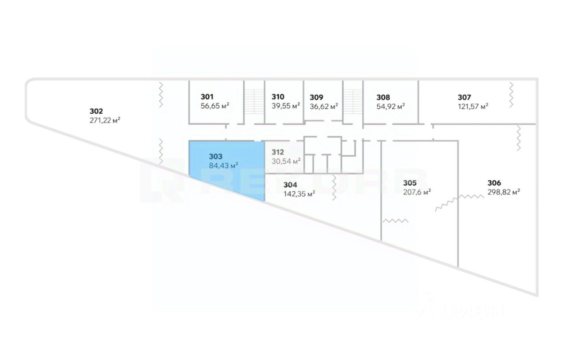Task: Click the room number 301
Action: pyautogui.click(x=207, y=97)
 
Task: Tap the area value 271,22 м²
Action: pyautogui.click(x=105, y=120)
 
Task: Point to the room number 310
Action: pyautogui.click(x=278, y=97)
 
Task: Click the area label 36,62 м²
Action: pyautogui.click(x=324, y=106)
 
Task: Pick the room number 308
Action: pyautogui.click(x=383, y=97)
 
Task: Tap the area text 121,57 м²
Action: pyautogui.click(x=473, y=106)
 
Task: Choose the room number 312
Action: pyautogui.click(x=278, y=152)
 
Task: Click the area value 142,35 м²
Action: pyautogui.click(x=299, y=194)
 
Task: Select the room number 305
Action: pyautogui.click(x=410, y=182)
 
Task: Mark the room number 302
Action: pyautogui.click(x=96, y=111)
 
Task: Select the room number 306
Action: pyautogui.click(x=494, y=182)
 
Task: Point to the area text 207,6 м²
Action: pyautogui.click(x=417, y=192)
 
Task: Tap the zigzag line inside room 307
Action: pyautogui.click(x=511, y=94)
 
